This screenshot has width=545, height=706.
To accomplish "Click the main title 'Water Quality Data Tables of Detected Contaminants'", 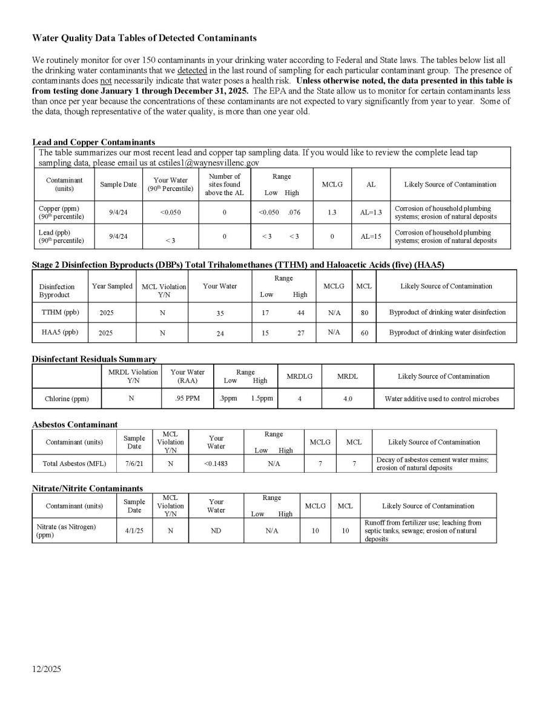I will pyautogui.click(x=144, y=38).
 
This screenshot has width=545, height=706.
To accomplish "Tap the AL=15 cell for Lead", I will pyautogui.click(x=371, y=236).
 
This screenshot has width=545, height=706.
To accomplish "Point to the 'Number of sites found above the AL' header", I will pyautogui.click(x=224, y=185).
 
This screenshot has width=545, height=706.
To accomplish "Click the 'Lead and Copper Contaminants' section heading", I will pyautogui.click(x=93, y=142).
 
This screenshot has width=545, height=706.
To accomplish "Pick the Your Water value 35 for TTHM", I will pyautogui.click(x=220, y=313).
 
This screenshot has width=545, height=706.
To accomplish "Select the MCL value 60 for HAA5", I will pyautogui.click(x=364, y=333).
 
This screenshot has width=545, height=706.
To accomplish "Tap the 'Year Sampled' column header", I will pyautogui.click(x=112, y=286).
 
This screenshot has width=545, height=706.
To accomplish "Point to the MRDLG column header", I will pyautogui.click(x=299, y=376).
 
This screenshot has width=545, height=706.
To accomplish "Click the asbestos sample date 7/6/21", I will pyautogui.click(x=134, y=464).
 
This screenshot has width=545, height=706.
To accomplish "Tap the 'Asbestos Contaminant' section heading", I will pyautogui.click(x=74, y=424).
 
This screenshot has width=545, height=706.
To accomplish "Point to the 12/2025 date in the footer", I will pyautogui.click(x=47, y=670).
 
